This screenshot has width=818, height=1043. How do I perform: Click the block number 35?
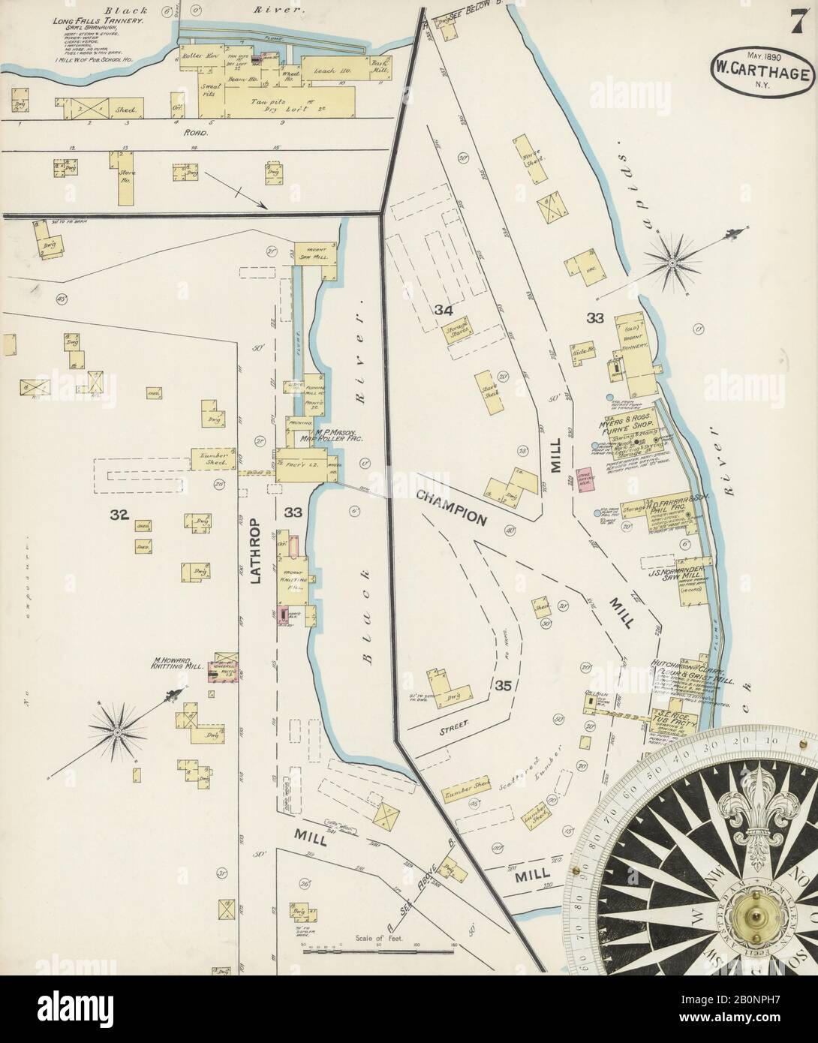pyautogui.click(x=503, y=684)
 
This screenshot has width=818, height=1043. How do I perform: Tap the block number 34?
pyautogui.click(x=443, y=310)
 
